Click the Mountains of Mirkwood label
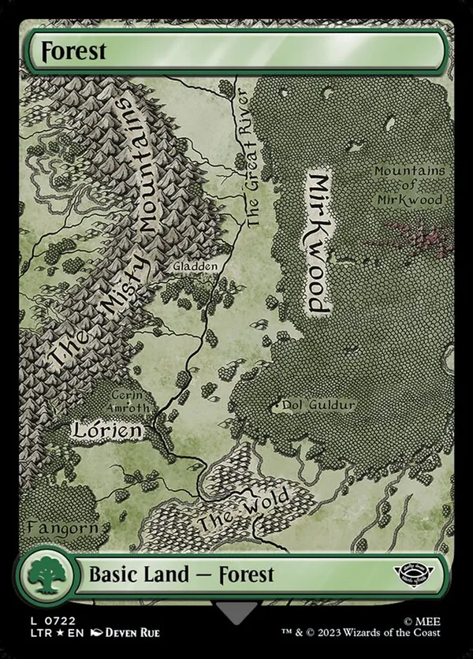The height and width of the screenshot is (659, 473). coord(408,184)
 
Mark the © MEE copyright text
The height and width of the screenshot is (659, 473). coord(422,620)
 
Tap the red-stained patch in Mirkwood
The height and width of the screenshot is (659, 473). coord(410,233)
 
